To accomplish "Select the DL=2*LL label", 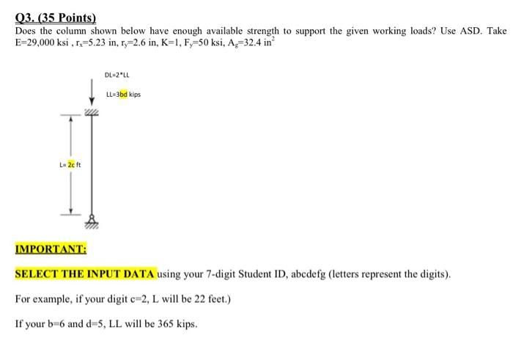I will click(117, 75).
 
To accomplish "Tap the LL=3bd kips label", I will click(123, 95).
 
